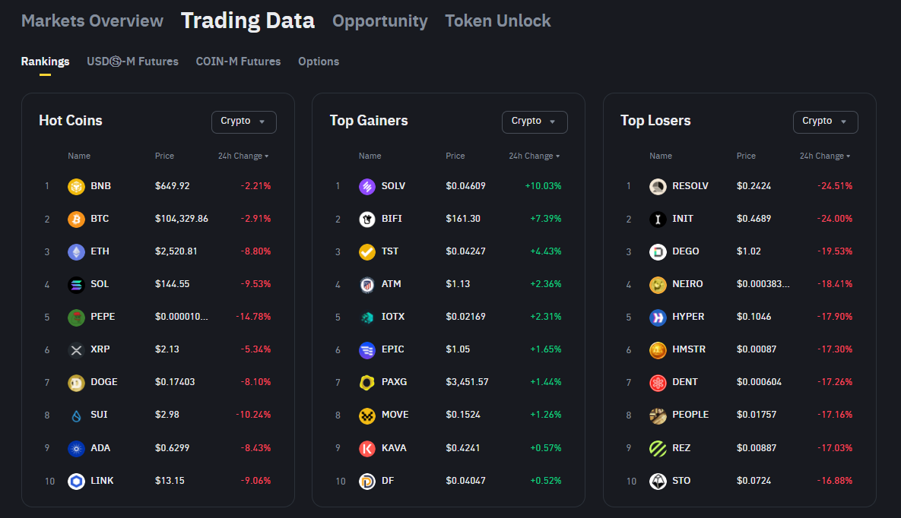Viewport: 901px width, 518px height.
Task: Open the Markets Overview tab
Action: point(92,21)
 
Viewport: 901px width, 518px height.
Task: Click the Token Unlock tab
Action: point(497,21)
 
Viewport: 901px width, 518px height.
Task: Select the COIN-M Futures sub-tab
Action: point(238,62)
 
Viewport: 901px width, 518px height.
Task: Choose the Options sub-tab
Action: point(319,62)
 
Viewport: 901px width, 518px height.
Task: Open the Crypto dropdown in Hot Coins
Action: point(243,122)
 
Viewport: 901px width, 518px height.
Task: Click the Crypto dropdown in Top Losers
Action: point(825,122)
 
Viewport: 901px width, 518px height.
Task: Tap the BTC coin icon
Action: point(76,220)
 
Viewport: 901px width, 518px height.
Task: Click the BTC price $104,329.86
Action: point(181,219)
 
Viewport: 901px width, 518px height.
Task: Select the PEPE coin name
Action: point(103,317)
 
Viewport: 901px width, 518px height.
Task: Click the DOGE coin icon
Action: point(76,383)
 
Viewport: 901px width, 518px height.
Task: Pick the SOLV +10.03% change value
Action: point(543,186)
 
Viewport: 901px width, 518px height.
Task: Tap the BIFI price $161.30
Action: point(463,219)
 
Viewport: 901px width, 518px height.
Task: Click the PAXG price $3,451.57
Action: point(467,382)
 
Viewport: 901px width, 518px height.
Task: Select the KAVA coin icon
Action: point(367,448)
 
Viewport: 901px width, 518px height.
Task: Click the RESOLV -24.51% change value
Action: point(834,186)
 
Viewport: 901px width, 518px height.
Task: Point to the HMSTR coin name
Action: point(688,349)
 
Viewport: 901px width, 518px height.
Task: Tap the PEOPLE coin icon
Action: point(658,415)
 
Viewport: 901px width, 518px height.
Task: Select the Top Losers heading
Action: point(655,121)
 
